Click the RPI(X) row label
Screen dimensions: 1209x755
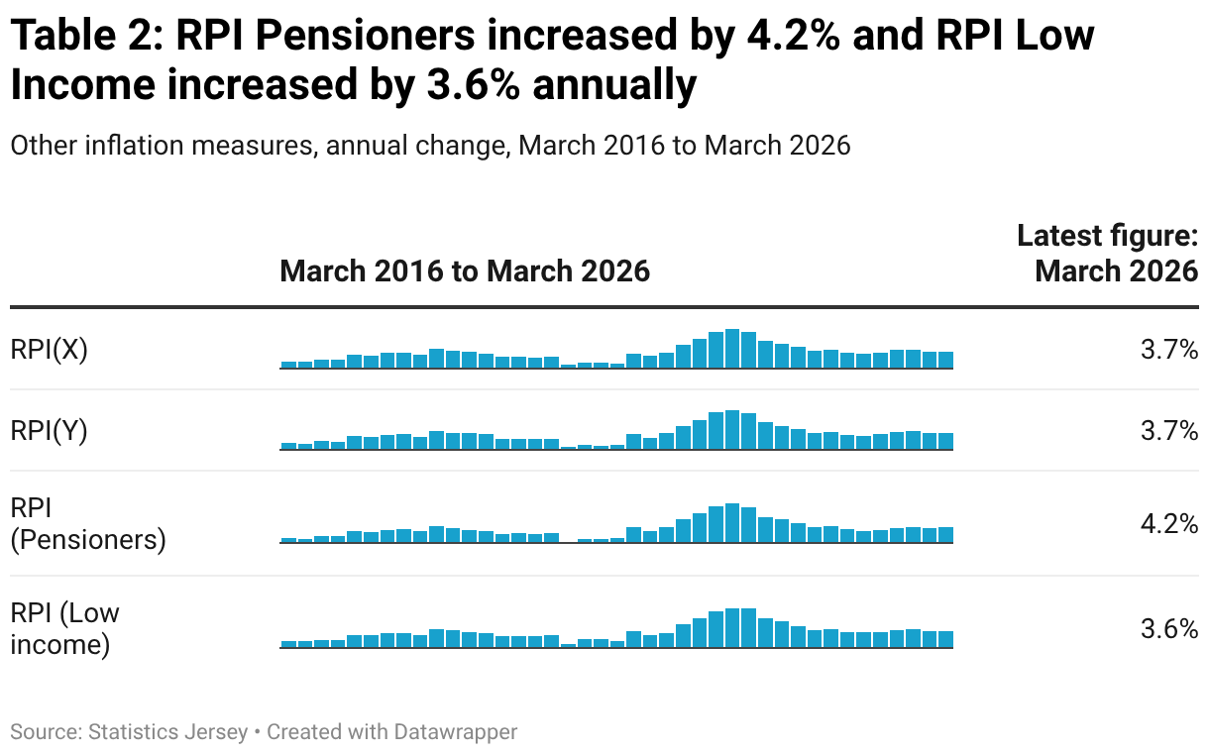click(x=50, y=350)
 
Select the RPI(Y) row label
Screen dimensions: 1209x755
click(x=50, y=431)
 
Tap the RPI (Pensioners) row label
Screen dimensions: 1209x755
click(x=88, y=524)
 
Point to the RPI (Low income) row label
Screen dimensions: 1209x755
click(x=64, y=629)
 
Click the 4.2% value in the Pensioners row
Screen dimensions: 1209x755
click(x=1169, y=524)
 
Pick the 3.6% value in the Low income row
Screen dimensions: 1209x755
click(x=1169, y=629)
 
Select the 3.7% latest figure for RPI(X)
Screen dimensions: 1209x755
click(x=1169, y=350)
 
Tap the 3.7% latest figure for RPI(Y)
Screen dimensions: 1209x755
click(x=1169, y=431)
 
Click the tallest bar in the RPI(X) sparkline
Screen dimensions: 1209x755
click(x=732, y=349)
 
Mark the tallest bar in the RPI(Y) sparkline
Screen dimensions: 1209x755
click(x=732, y=430)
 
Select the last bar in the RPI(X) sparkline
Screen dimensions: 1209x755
click(x=945, y=360)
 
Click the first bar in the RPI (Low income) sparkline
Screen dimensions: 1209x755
click(x=288, y=644)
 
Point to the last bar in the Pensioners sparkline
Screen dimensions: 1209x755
click(x=945, y=535)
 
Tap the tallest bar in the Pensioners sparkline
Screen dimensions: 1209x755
click(x=732, y=523)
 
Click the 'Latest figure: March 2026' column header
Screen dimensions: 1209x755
click(x=1108, y=253)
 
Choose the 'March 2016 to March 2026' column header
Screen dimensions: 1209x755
click(x=465, y=270)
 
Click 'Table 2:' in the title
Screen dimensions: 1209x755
click(x=87, y=36)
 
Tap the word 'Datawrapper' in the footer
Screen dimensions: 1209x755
click(x=456, y=732)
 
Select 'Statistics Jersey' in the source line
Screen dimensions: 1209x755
click(x=167, y=732)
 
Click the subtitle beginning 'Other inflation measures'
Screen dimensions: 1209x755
click(x=430, y=146)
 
